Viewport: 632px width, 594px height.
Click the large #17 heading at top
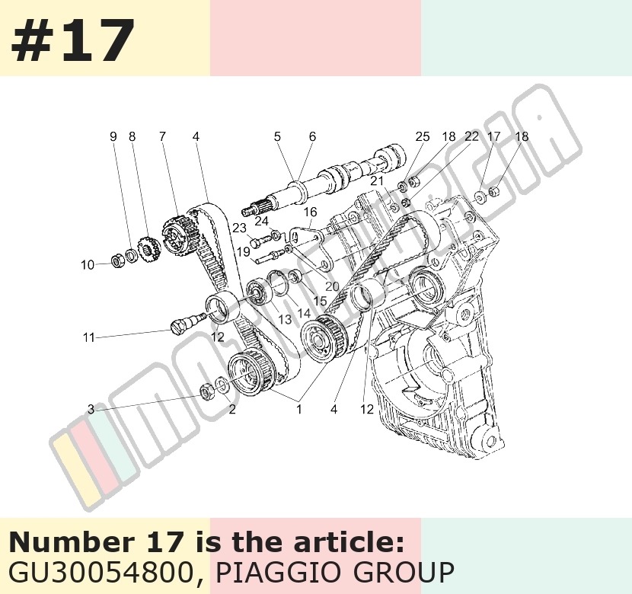pyautogui.click(x=72, y=40)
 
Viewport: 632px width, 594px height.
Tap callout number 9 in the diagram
pyautogui.click(x=113, y=136)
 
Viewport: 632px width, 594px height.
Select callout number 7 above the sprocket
pyautogui.click(x=162, y=136)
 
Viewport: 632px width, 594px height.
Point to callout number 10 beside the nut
pyautogui.click(x=88, y=265)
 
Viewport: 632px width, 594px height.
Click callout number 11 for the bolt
pyautogui.click(x=88, y=337)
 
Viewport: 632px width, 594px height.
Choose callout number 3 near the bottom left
pyautogui.click(x=91, y=410)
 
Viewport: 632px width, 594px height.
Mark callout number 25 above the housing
pyautogui.click(x=423, y=136)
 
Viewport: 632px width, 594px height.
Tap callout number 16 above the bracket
pyautogui.click(x=310, y=212)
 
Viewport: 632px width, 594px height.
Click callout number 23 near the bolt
pyautogui.click(x=239, y=228)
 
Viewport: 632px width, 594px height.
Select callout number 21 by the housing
pyautogui.click(x=377, y=181)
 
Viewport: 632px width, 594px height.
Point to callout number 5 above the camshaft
pyautogui.click(x=277, y=136)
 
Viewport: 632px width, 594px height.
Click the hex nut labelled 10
pyautogui.click(x=117, y=261)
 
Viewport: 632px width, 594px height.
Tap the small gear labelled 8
pyautogui.click(x=148, y=249)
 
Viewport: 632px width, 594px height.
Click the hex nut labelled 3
pyautogui.click(x=207, y=391)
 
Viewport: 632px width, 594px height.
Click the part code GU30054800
pyautogui.click(x=101, y=572)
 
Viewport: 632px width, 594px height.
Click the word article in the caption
pyautogui.click(x=348, y=542)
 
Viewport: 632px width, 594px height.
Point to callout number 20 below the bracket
pyautogui.click(x=332, y=286)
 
